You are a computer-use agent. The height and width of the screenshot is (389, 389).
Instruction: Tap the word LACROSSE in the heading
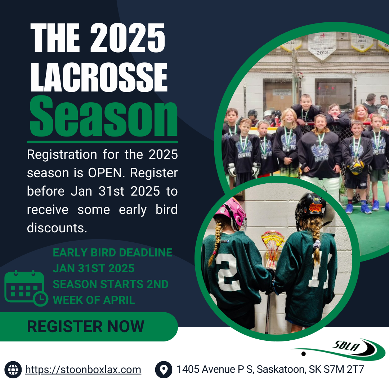click(x=99, y=77)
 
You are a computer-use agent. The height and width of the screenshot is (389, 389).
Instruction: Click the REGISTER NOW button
click(x=89, y=326)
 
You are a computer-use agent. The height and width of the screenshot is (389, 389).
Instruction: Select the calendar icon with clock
click(x=26, y=288)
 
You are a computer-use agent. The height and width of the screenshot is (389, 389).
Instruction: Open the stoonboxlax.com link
click(x=83, y=370)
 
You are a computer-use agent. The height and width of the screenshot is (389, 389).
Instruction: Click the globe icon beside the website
click(x=13, y=370)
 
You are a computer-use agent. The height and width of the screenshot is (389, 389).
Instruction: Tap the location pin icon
click(x=164, y=370)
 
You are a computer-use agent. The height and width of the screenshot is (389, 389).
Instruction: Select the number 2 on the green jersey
click(x=228, y=272)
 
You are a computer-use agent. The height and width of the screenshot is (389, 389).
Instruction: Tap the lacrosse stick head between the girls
click(x=272, y=246)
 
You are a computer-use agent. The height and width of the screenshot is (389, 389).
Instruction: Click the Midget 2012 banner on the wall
click(x=322, y=46)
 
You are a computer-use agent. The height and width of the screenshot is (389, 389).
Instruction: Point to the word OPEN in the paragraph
click(x=106, y=173)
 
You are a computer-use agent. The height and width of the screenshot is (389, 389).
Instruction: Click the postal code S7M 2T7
click(x=344, y=370)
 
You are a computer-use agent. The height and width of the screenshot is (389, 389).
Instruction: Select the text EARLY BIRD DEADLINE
click(x=113, y=252)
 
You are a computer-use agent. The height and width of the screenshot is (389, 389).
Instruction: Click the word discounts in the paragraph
click(x=57, y=228)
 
